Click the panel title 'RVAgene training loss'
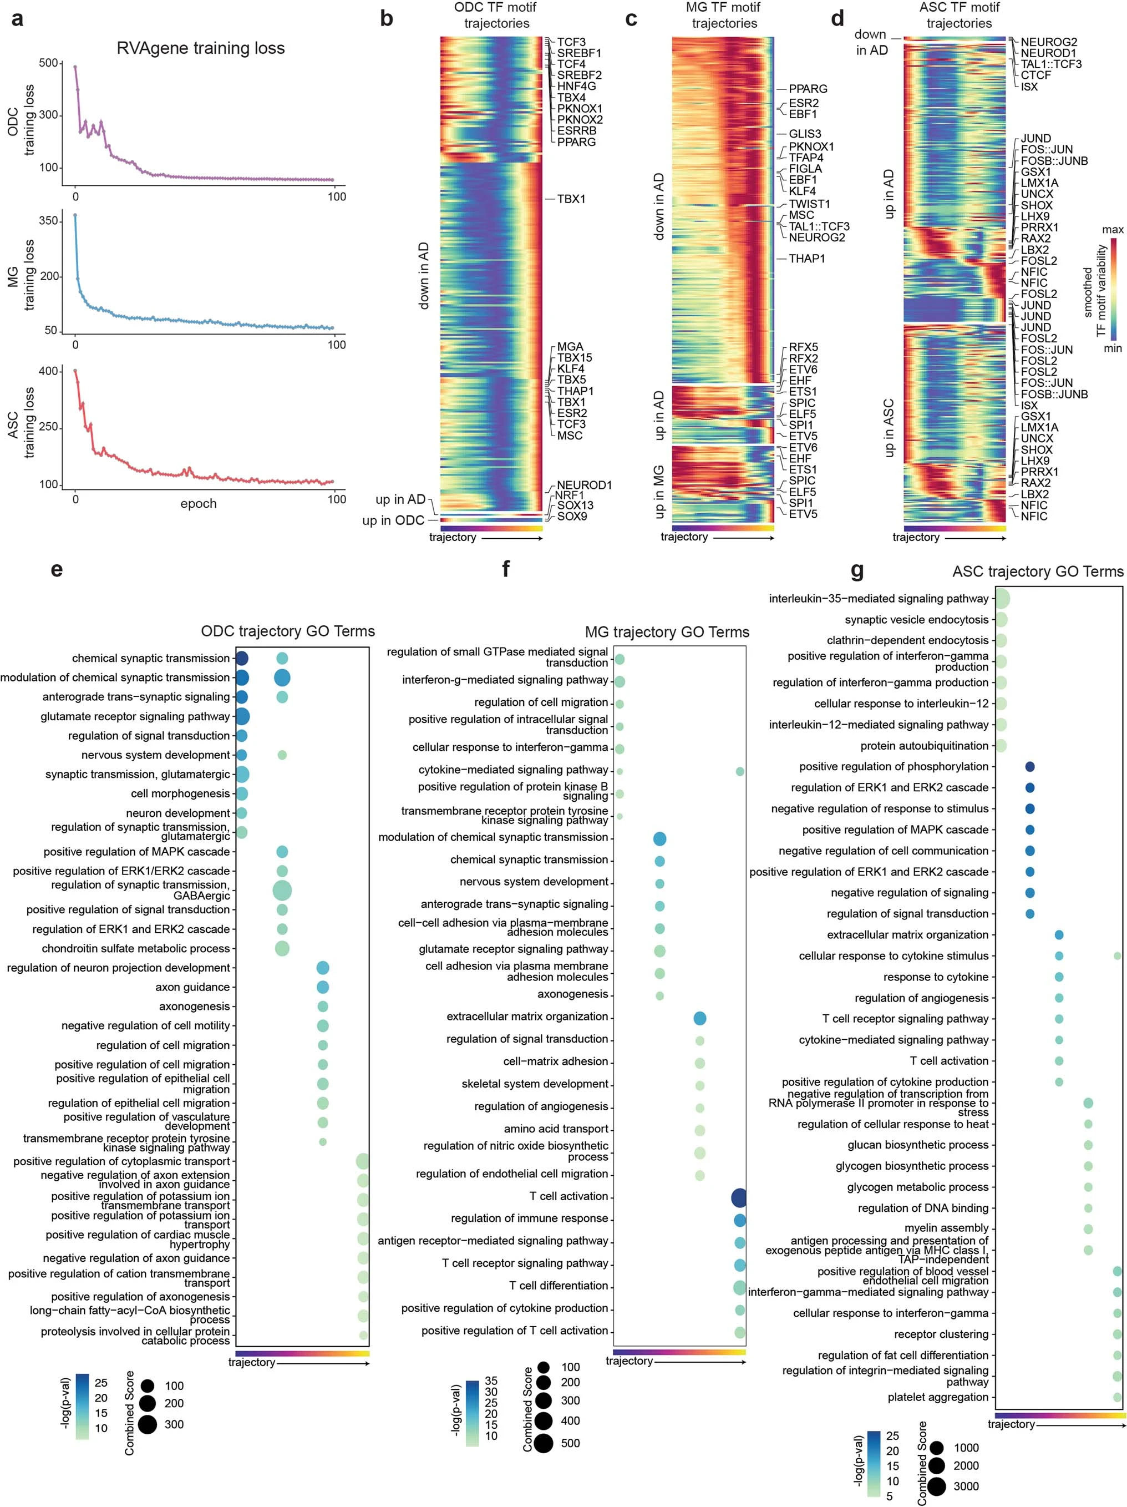[x=200, y=48]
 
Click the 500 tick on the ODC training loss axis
[x=48, y=63]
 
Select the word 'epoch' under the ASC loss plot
[x=198, y=503]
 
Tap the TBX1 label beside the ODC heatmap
[x=571, y=199]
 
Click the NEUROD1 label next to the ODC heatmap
[x=583, y=485]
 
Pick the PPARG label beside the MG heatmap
[x=808, y=89]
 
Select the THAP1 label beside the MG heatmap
[x=806, y=259]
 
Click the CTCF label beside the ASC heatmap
[x=1035, y=75]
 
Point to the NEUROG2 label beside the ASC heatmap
[x=1049, y=42]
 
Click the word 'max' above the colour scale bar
[x=1113, y=230]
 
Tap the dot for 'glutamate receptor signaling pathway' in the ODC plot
[x=242, y=716]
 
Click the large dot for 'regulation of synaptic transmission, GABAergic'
[x=282, y=890]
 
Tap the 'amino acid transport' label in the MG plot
[x=556, y=1129]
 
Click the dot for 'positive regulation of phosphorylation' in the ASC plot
[x=1029, y=766]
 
